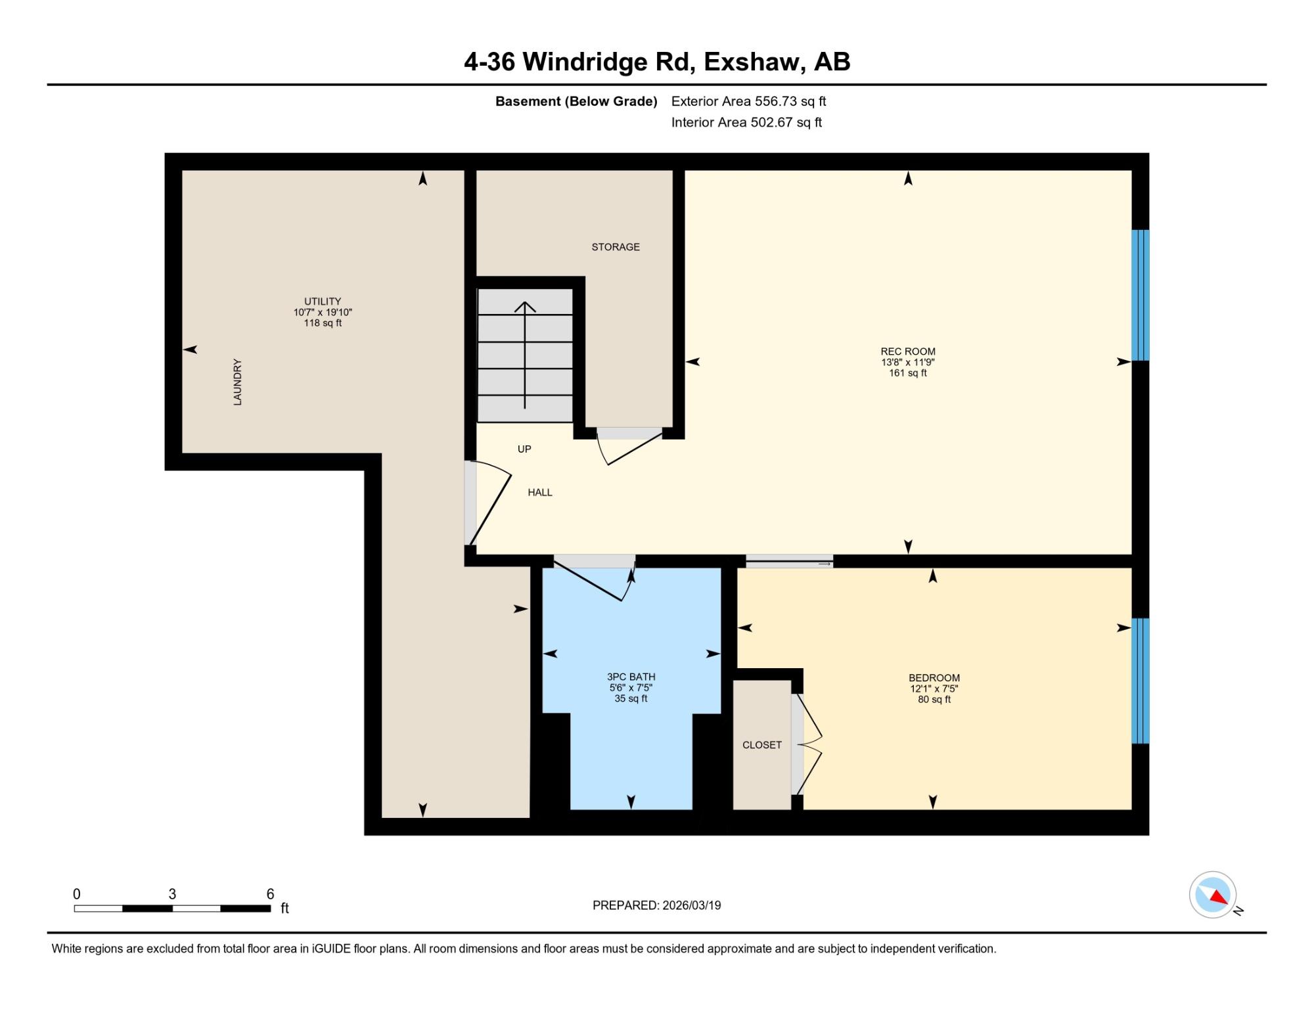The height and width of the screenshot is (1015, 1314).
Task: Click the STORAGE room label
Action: tap(616, 247)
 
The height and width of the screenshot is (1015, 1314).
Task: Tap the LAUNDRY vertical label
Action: tap(238, 382)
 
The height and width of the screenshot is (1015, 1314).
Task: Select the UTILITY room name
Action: tap(323, 302)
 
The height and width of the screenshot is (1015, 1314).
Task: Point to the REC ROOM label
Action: tap(908, 351)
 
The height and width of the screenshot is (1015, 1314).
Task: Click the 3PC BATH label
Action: tap(631, 677)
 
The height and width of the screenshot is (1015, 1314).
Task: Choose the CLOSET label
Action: tap(762, 745)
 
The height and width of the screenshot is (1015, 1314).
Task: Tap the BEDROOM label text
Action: tap(934, 678)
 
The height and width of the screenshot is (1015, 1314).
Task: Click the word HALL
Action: tap(540, 493)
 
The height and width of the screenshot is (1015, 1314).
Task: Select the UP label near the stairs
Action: tap(524, 449)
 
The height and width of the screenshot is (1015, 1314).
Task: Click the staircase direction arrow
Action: tap(525, 355)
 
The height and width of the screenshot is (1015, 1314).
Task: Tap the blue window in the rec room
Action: tap(1141, 295)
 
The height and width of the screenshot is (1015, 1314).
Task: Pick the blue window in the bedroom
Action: tap(1141, 681)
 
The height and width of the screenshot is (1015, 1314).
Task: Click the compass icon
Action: tap(1213, 895)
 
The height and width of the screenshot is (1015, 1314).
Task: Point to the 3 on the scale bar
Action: tap(172, 894)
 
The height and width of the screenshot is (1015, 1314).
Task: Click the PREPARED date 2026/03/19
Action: tap(692, 905)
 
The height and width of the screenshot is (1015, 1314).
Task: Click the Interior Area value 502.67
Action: tap(771, 122)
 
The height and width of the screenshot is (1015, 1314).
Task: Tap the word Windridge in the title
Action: tap(585, 62)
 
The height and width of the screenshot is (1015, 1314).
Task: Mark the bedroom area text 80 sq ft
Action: tap(934, 700)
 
